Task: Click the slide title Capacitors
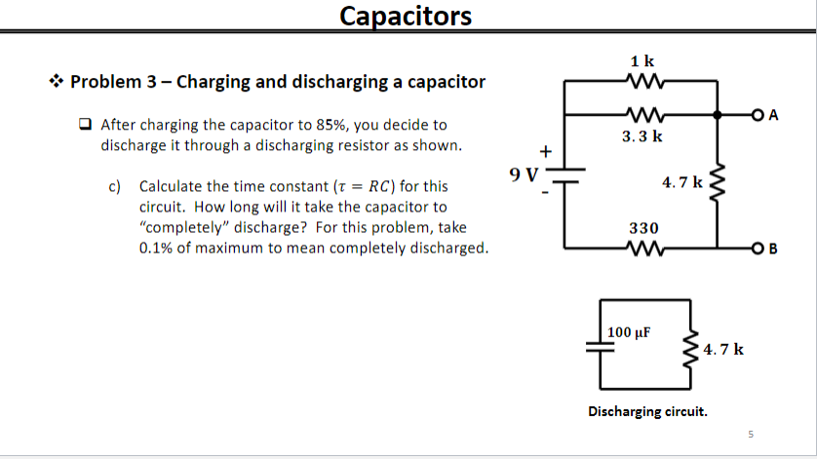click(x=407, y=16)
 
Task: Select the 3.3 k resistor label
click(x=642, y=137)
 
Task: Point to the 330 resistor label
click(x=643, y=227)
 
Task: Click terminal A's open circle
click(x=758, y=115)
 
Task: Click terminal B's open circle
click(x=758, y=249)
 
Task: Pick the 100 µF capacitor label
click(x=629, y=332)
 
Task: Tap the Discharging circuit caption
click(x=647, y=410)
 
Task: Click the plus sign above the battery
click(x=546, y=151)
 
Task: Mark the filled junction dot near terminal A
click(x=718, y=115)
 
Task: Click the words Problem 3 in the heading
click(x=108, y=82)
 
